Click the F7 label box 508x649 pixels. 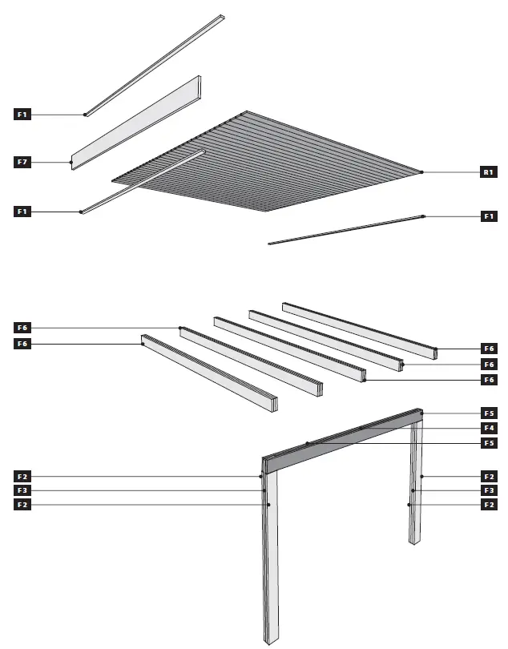(x=22, y=163)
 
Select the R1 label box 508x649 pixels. (x=488, y=171)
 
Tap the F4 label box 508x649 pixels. (x=488, y=428)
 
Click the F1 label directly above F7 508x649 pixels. (x=22, y=115)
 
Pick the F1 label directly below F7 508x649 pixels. (x=22, y=212)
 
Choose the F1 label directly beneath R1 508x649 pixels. (x=488, y=216)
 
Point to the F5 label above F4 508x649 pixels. (x=488, y=413)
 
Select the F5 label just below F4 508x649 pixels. (x=488, y=443)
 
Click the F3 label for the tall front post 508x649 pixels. (x=22, y=490)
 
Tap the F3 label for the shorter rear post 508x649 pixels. (x=488, y=490)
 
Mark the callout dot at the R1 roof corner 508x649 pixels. (x=422, y=171)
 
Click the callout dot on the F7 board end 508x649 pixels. (x=71, y=163)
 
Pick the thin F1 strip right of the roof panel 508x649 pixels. (x=345, y=230)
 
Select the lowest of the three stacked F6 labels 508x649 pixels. (x=488, y=380)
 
